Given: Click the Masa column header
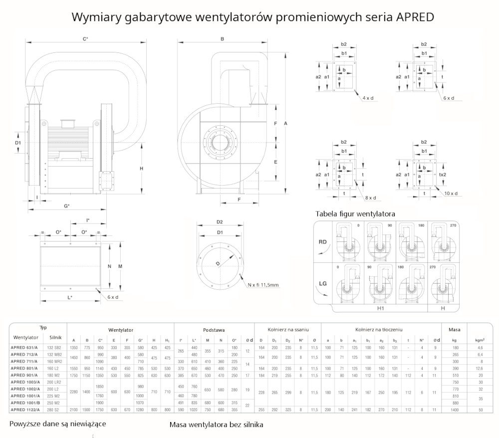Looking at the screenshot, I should (455, 330).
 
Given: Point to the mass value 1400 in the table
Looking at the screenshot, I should (455, 409).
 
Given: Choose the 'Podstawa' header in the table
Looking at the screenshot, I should (214, 330).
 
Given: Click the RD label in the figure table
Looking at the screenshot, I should (323, 241).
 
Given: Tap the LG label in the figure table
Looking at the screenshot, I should (323, 284).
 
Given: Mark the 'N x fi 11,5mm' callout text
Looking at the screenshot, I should (263, 285).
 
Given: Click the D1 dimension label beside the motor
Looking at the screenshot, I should (17, 143).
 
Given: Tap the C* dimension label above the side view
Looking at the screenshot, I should (85, 38).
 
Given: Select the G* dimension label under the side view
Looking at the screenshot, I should (66, 206).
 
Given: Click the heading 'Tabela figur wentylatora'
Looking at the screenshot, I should (355, 214).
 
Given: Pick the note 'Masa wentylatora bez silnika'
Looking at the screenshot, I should (216, 425).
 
